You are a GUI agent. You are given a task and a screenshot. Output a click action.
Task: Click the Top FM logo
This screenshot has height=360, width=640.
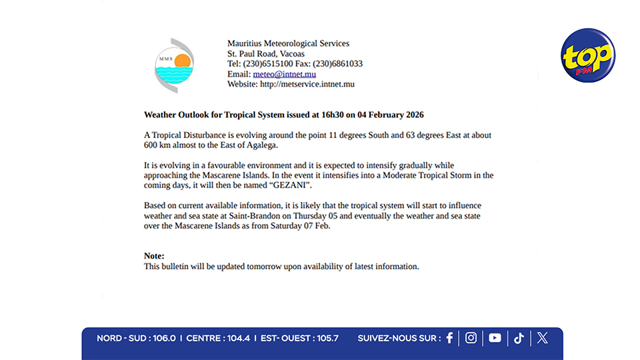587,56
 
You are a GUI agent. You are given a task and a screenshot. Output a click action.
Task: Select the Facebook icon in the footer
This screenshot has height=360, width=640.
449,338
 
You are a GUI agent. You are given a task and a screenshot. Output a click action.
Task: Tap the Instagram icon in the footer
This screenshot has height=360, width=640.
471,338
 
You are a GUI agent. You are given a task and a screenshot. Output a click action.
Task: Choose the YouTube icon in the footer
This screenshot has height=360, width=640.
495,338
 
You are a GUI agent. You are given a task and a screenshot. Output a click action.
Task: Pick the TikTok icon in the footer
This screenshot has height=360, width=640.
519,338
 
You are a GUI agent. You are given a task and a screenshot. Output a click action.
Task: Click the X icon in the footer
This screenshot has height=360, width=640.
543,338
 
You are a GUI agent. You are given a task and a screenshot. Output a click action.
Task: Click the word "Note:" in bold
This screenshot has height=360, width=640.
154,256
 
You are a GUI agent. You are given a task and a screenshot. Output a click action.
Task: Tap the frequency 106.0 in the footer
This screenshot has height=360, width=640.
164,339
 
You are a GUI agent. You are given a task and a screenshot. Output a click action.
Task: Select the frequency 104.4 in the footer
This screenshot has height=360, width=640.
238,339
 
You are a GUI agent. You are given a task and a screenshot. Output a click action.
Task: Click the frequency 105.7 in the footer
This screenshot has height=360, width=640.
327,339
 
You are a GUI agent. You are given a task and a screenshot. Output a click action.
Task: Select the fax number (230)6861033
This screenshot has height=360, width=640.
338,64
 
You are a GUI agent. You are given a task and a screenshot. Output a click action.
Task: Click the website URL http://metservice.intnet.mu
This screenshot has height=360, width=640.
307,84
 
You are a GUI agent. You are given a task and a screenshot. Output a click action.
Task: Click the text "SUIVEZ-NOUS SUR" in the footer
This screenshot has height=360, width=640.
399,339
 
